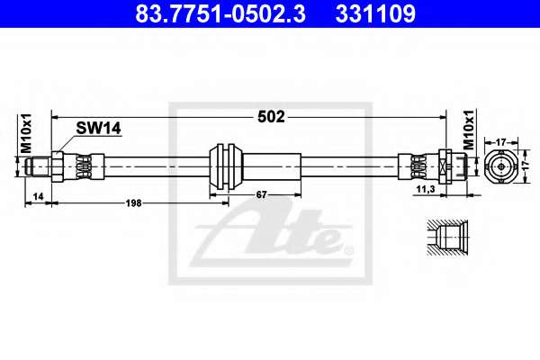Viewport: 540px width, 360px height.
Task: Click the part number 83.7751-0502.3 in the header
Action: point(220,13)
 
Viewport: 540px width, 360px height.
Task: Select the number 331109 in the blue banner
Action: point(375,13)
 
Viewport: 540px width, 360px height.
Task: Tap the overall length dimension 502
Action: point(272,117)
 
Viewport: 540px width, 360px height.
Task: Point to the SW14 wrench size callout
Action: point(98,128)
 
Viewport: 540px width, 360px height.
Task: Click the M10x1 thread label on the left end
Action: point(26,133)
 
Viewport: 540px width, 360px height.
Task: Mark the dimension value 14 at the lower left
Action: point(38,196)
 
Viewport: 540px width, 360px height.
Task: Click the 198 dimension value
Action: point(133,203)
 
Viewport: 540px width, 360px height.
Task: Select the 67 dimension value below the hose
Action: point(261,194)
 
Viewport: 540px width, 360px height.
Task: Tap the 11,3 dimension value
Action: point(426,189)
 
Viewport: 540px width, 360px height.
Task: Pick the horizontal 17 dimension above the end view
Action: point(501,141)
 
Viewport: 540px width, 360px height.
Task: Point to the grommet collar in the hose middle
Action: point(226,166)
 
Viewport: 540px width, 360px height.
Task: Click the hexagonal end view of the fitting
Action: point(500,166)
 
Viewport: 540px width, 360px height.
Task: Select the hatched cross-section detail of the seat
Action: point(447,238)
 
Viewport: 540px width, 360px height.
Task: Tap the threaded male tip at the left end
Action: point(39,166)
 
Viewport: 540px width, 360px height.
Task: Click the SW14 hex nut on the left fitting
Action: point(58,166)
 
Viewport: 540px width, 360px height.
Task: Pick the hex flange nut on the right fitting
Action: point(445,166)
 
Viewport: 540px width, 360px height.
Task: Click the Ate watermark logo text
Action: point(272,234)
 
